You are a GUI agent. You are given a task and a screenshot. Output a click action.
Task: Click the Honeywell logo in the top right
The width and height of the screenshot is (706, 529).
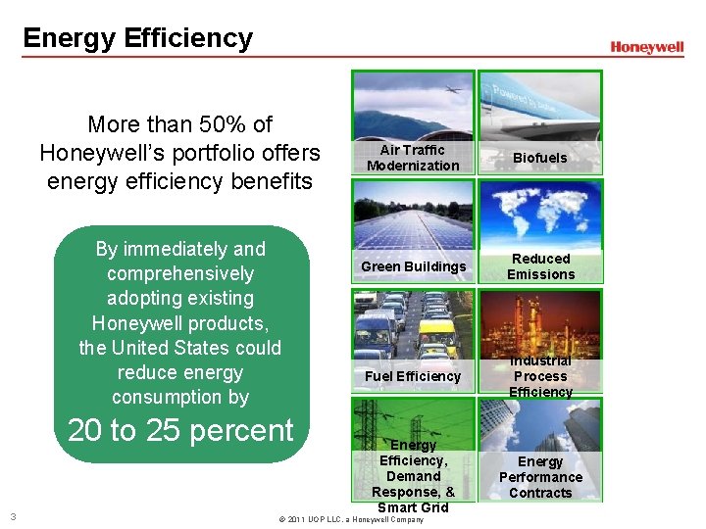tap(646, 47)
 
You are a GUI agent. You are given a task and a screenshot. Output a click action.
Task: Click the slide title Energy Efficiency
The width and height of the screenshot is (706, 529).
tap(137, 38)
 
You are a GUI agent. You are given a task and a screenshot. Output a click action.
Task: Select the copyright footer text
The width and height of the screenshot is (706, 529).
tap(351, 519)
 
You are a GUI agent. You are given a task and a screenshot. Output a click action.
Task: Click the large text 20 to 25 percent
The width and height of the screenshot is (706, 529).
tap(180, 431)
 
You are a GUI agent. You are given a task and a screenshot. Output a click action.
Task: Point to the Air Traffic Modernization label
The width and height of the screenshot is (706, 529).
tap(413, 158)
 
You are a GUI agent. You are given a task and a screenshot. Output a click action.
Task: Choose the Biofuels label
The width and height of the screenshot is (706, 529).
tap(539, 158)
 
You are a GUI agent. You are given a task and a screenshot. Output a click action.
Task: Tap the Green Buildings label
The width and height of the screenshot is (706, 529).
tap(413, 266)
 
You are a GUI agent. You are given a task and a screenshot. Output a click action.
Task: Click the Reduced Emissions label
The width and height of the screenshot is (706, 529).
tap(540, 266)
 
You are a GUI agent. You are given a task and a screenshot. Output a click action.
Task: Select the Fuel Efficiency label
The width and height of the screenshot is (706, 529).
tap(413, 376)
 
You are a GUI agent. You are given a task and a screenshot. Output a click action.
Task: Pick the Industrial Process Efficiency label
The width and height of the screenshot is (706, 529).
tap(540, 376)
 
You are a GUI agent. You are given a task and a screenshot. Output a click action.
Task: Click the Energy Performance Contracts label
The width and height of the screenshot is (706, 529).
tap(540, 477)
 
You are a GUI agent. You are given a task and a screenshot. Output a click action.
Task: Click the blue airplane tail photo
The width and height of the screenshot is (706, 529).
tap(540, 104)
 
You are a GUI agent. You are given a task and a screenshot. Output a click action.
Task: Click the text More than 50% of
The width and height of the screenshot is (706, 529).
tap(179, 124)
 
